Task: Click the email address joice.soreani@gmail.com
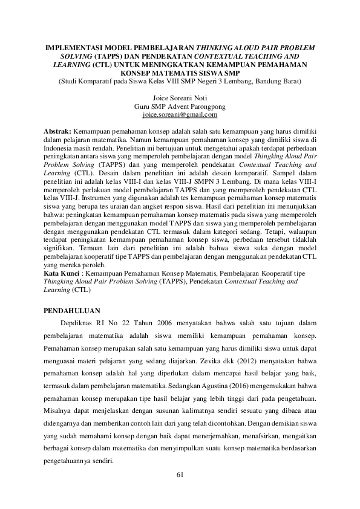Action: click(x=180, y=114)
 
